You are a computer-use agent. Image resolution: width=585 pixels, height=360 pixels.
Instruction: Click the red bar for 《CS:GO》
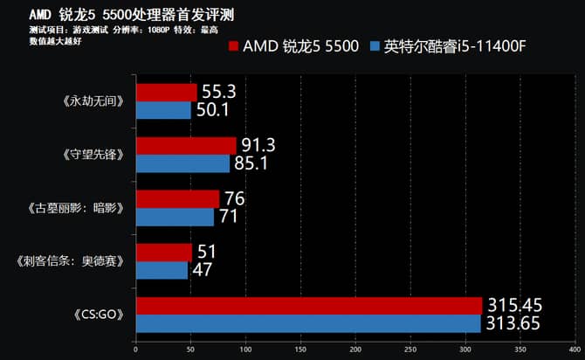309,305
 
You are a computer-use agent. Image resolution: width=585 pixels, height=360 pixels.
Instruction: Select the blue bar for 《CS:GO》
308,323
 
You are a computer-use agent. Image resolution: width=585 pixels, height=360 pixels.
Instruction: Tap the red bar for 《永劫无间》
166,92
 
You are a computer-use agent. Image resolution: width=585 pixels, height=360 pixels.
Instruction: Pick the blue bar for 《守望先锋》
182,163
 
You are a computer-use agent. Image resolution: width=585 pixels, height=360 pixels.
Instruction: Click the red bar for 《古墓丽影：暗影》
177,199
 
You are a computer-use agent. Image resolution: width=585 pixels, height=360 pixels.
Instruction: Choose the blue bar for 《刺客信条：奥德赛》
162,270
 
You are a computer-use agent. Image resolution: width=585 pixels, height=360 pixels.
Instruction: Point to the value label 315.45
513,304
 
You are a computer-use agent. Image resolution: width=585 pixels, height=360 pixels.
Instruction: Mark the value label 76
234,198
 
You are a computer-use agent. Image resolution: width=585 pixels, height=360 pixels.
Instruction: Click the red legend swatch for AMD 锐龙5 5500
233,45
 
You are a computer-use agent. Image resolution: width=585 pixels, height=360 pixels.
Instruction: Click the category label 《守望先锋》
99,155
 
